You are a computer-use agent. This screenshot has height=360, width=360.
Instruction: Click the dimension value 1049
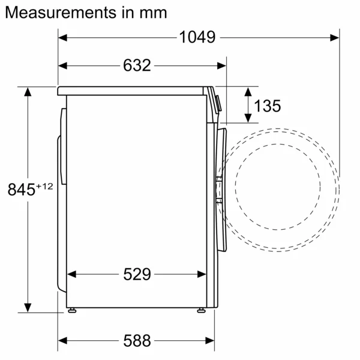(197, 37)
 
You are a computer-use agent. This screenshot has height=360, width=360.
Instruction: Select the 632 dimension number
(137, 65)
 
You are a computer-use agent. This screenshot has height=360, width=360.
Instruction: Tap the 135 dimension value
(267, 106)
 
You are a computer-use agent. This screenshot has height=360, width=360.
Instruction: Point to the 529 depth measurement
(137, 274)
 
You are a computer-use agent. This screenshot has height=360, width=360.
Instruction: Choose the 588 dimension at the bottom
(137, 340)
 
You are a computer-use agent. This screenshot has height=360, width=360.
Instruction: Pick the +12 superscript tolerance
(44, 187)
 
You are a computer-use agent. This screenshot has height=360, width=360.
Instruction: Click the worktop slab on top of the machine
(132, 91)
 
